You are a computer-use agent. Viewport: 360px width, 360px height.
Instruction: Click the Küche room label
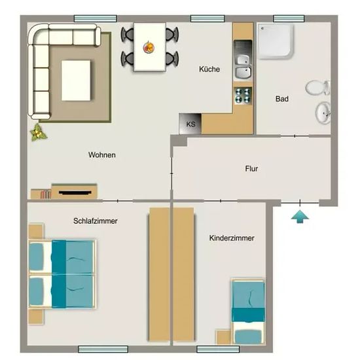209,69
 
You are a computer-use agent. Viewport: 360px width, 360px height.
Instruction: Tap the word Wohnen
102,154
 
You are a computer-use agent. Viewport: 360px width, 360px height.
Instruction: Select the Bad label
282,99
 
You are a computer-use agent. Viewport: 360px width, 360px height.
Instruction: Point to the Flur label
251,169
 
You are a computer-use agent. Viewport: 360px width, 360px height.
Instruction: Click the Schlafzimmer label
96,221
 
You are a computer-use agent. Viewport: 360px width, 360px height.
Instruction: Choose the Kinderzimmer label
232,238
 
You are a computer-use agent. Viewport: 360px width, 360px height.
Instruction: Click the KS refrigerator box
190,124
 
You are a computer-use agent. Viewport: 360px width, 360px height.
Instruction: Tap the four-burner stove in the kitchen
243,96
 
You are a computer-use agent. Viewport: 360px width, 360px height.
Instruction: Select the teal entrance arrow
300,217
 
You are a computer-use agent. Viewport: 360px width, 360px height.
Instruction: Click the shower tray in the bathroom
276,41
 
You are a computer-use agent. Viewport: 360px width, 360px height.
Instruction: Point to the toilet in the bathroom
317,88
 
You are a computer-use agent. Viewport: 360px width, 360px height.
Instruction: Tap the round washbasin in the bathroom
323,113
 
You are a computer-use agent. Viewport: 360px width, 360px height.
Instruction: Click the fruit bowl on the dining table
149,48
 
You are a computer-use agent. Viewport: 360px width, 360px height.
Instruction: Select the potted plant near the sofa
38,132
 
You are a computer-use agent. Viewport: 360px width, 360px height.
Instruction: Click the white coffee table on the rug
76,81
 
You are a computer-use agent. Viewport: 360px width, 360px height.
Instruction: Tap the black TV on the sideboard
75,192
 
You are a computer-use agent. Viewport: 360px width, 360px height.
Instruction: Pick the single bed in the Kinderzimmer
248,312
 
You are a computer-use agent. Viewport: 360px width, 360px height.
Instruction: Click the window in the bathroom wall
289,18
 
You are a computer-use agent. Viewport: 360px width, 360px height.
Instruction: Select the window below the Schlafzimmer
103,349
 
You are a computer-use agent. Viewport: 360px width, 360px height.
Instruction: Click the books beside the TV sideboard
46,194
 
